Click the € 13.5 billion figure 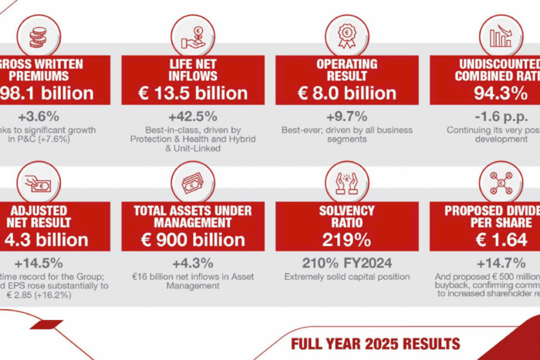pyautogui.click(x=192, y=93)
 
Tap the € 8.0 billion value pyautogui.click(x=346, y=93)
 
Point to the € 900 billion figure pyautogui.click(x=192, y=239)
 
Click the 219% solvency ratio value pyautogui.click(x=346, y=239)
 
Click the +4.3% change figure pyautogui.click(x=192, y=263)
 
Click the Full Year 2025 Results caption pyautogui.click(x=375, y=343)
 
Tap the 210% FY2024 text pyautogui.click(x=346, y=262)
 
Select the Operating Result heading pyautogui.click(x=346, y=69)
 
